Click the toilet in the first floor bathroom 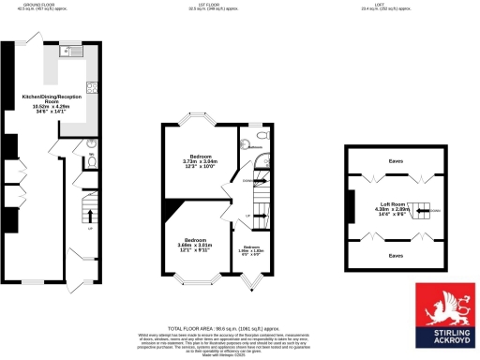click(x=242, y=144)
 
